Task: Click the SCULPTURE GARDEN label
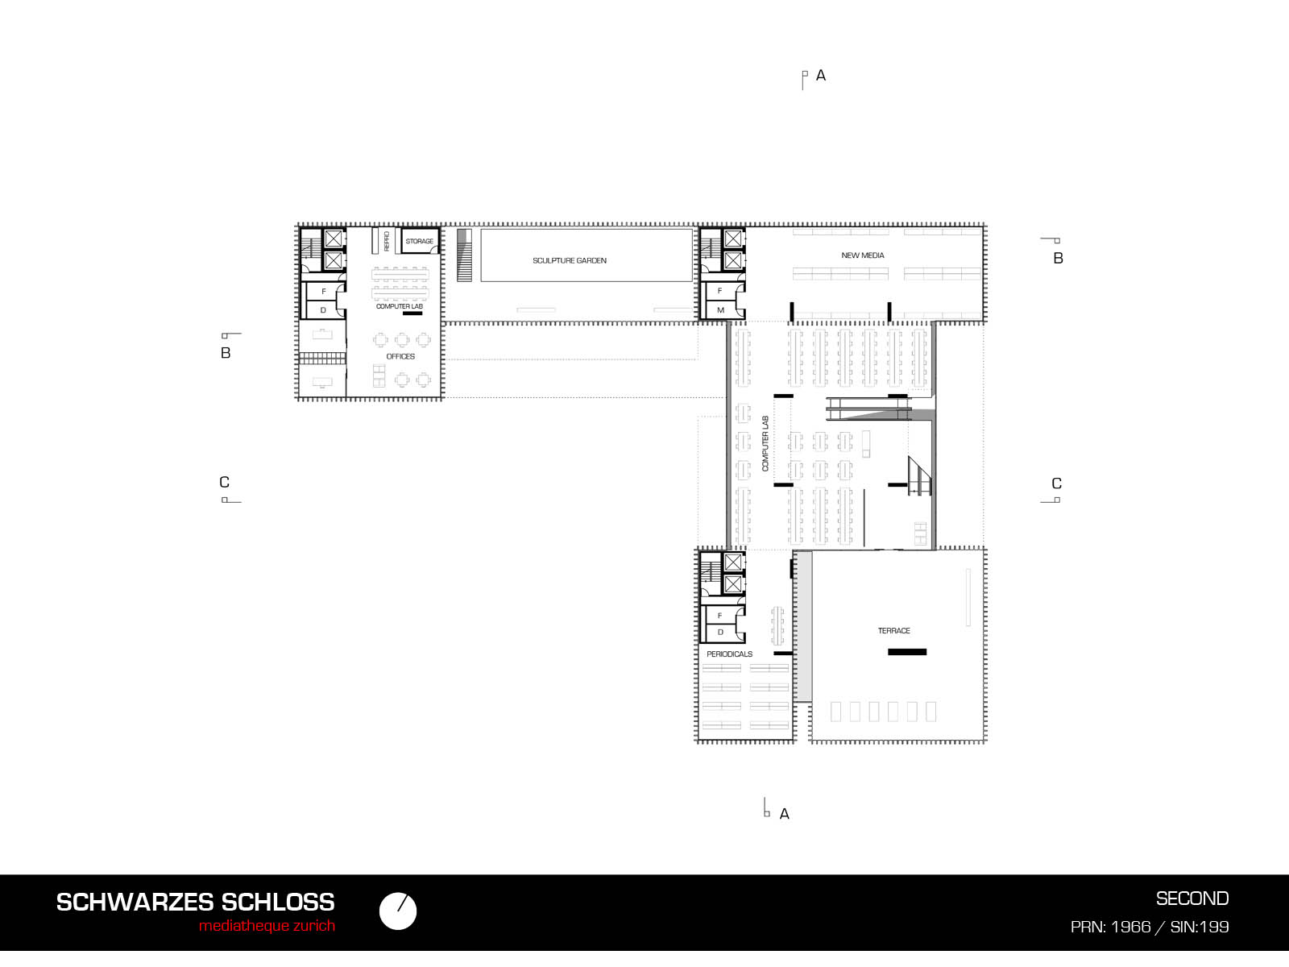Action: (569, 260)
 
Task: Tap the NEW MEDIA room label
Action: (862, 255)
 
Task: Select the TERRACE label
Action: (893, 631)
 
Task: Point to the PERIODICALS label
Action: (729, 654)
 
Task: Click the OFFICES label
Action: (400, 356)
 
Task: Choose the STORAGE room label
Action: (419, 241)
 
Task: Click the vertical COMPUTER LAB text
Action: (765, 443)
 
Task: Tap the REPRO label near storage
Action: (387, 241)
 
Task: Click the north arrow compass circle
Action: (397, 911)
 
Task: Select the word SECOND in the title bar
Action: (1192, 899)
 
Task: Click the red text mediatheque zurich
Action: (267, 926)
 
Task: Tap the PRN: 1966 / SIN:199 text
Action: (1150, 927)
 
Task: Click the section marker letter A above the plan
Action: (820, 75)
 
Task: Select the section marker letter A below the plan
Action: (784, 814)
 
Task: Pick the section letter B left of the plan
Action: (226, 353)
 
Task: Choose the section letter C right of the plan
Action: (1056, 483)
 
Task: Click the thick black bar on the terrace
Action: (906, 652)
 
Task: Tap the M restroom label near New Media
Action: (720, 310)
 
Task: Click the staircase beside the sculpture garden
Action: (464, 255)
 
